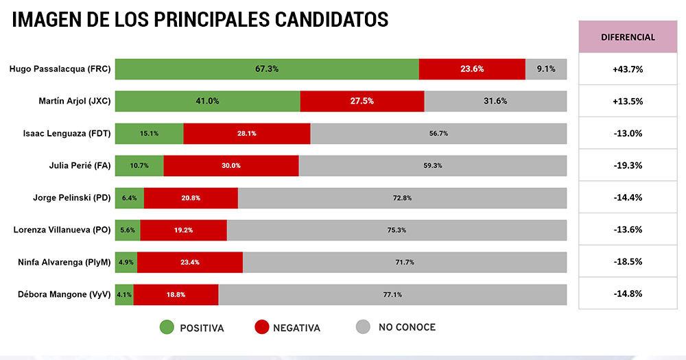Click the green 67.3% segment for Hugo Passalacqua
pos(267,69)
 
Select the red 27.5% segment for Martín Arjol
pos(362,101)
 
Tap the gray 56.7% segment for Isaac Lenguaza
pos(438,133)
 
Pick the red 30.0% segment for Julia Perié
pos(231,165)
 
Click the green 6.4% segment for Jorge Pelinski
pos(129,197)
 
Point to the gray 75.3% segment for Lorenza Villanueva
pos(397,230)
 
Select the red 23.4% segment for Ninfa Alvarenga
pos(190,262)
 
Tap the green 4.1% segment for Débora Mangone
pos(124,294)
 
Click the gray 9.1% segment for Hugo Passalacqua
pos(546,69)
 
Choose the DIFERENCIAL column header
pos(628,37)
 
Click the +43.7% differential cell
pos(628,69)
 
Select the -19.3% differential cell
pos(628,165)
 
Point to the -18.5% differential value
pos(628,262)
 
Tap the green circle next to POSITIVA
pos(167,328)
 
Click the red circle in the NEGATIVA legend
pos(261,328)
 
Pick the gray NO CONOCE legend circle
pos(364,328)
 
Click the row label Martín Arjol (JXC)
pos(75,101)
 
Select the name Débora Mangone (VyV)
pos(64,294)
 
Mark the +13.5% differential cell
pos(628,101)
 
